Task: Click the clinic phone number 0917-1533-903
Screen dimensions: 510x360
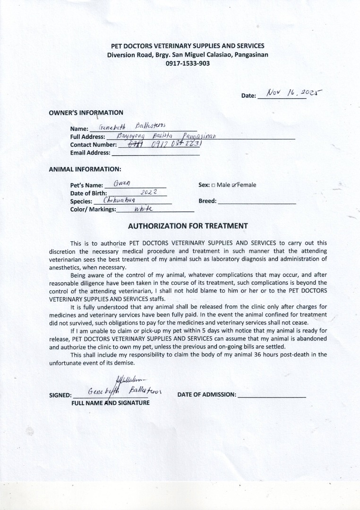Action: pos(188,63)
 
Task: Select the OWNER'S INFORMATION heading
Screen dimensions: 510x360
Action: pos(86,112)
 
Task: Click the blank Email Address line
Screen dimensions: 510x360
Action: pos(155,153)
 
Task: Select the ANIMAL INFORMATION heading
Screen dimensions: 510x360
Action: pos(85,169)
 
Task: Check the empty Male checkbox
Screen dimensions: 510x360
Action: pos(213,185)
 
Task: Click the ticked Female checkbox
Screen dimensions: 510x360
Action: pos(234,185)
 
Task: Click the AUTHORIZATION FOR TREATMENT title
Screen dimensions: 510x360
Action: pos(188,226)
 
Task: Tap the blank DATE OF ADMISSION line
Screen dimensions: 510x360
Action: pos(272,395)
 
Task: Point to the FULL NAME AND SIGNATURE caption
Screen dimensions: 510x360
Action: pos(110,403)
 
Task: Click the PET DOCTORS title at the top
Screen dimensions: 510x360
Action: pos(188,46)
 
